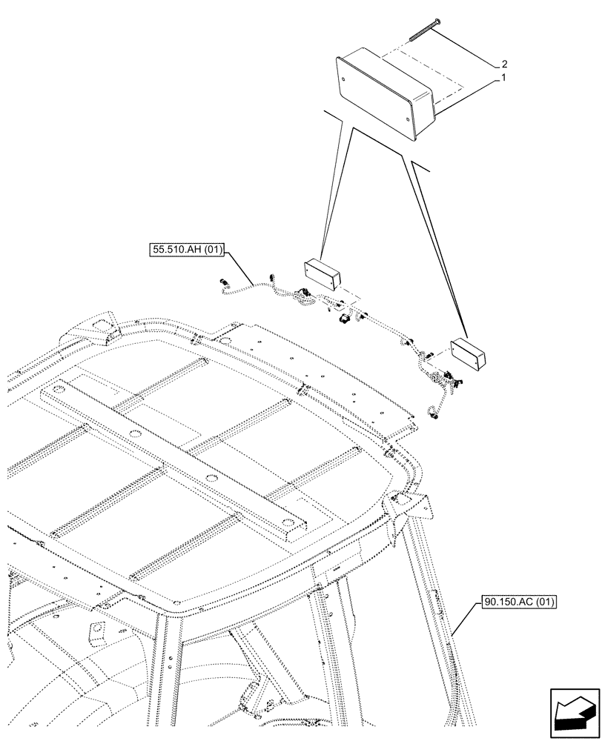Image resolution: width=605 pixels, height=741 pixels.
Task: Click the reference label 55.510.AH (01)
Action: pyautogui.click(x=188, y=250)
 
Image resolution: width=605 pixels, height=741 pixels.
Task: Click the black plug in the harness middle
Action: pyautogui.click(x=343, y=319)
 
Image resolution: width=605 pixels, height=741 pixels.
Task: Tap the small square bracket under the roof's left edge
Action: pyautogui.click(x=96, y=631)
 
